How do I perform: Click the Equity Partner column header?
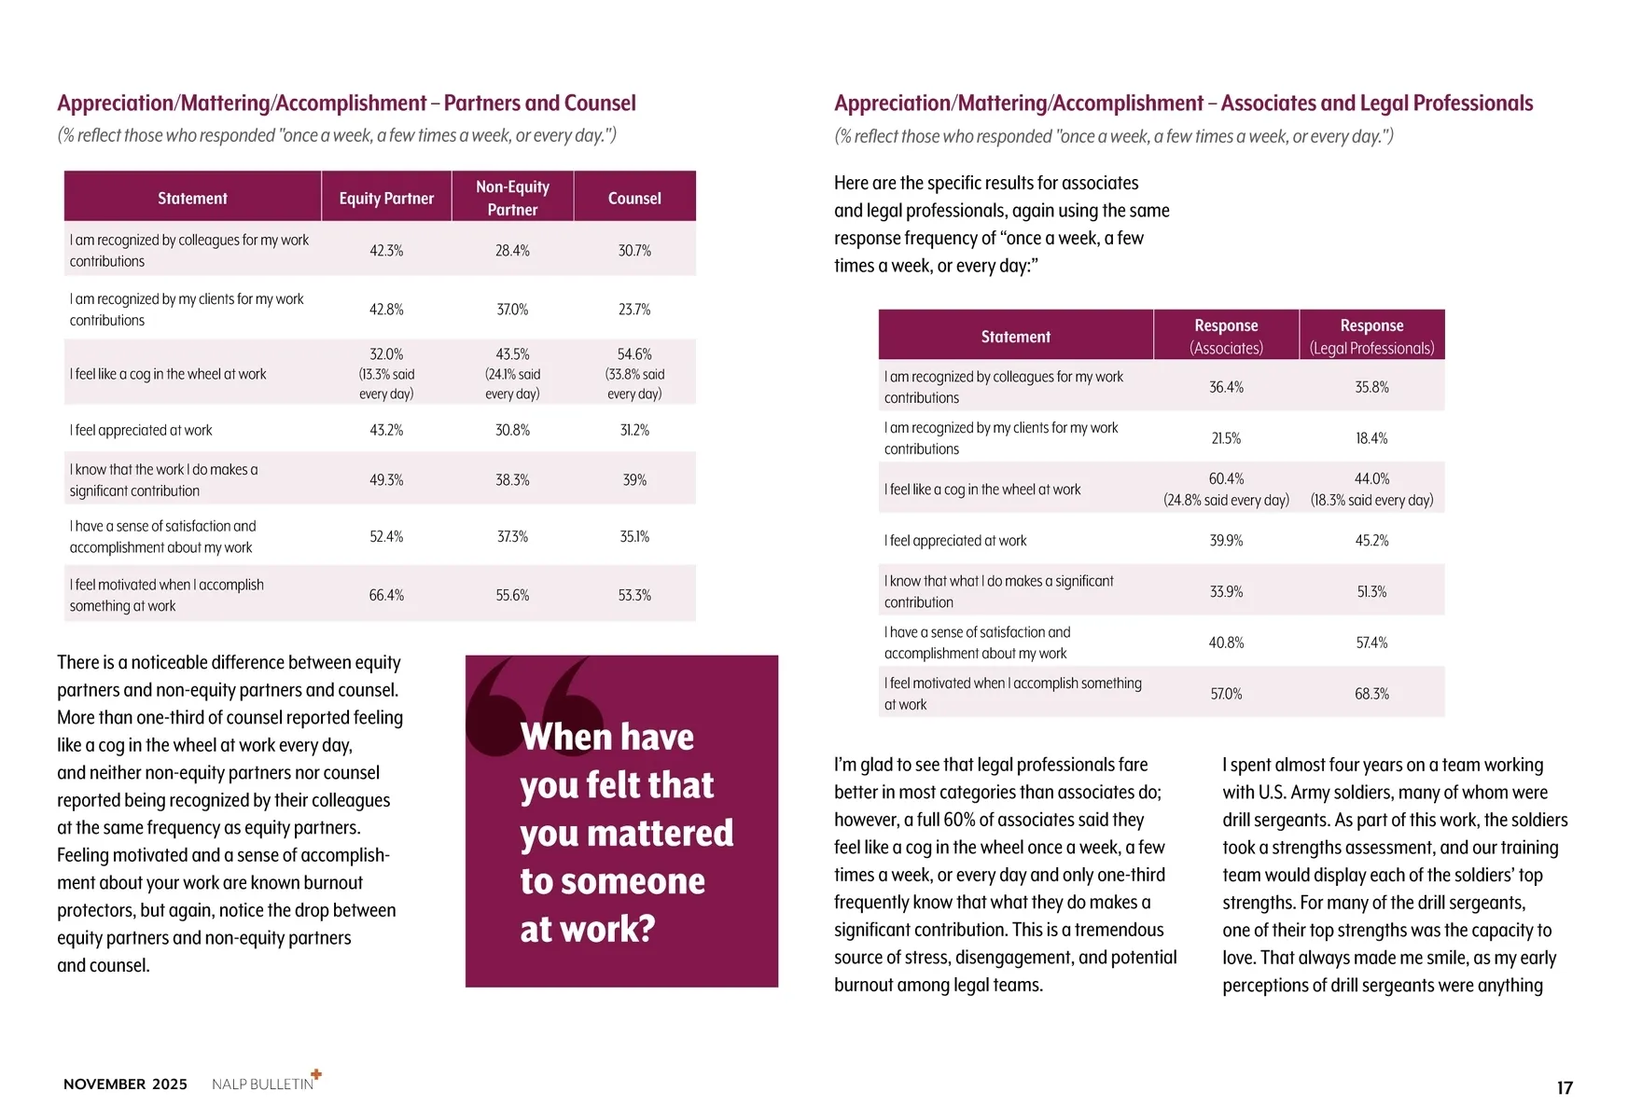coord(386,199)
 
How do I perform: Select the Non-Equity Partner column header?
coord(512,198)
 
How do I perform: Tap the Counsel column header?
coord(634,199)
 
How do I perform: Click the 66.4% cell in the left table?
coord(386,595)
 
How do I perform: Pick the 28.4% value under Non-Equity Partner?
coord(512,251)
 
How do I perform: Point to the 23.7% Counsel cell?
coord(634,310)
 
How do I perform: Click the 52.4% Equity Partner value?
coord(386,537)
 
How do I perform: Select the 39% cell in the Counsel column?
coord(634,480)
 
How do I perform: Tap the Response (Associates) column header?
coord(1226,337)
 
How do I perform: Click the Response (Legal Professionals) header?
coord(1371,337)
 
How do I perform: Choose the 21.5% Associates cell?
coord(1226,438)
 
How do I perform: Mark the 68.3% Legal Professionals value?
coord(1371,694)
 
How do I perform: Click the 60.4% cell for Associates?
coord(1226,479)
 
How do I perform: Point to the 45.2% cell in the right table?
coord(1371,541)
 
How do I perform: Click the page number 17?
coord(1565,1087)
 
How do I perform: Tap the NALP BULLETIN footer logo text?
coord(263,1084)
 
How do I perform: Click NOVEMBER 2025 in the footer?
coord(125,1084)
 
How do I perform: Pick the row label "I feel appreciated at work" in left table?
coord(141,431)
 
